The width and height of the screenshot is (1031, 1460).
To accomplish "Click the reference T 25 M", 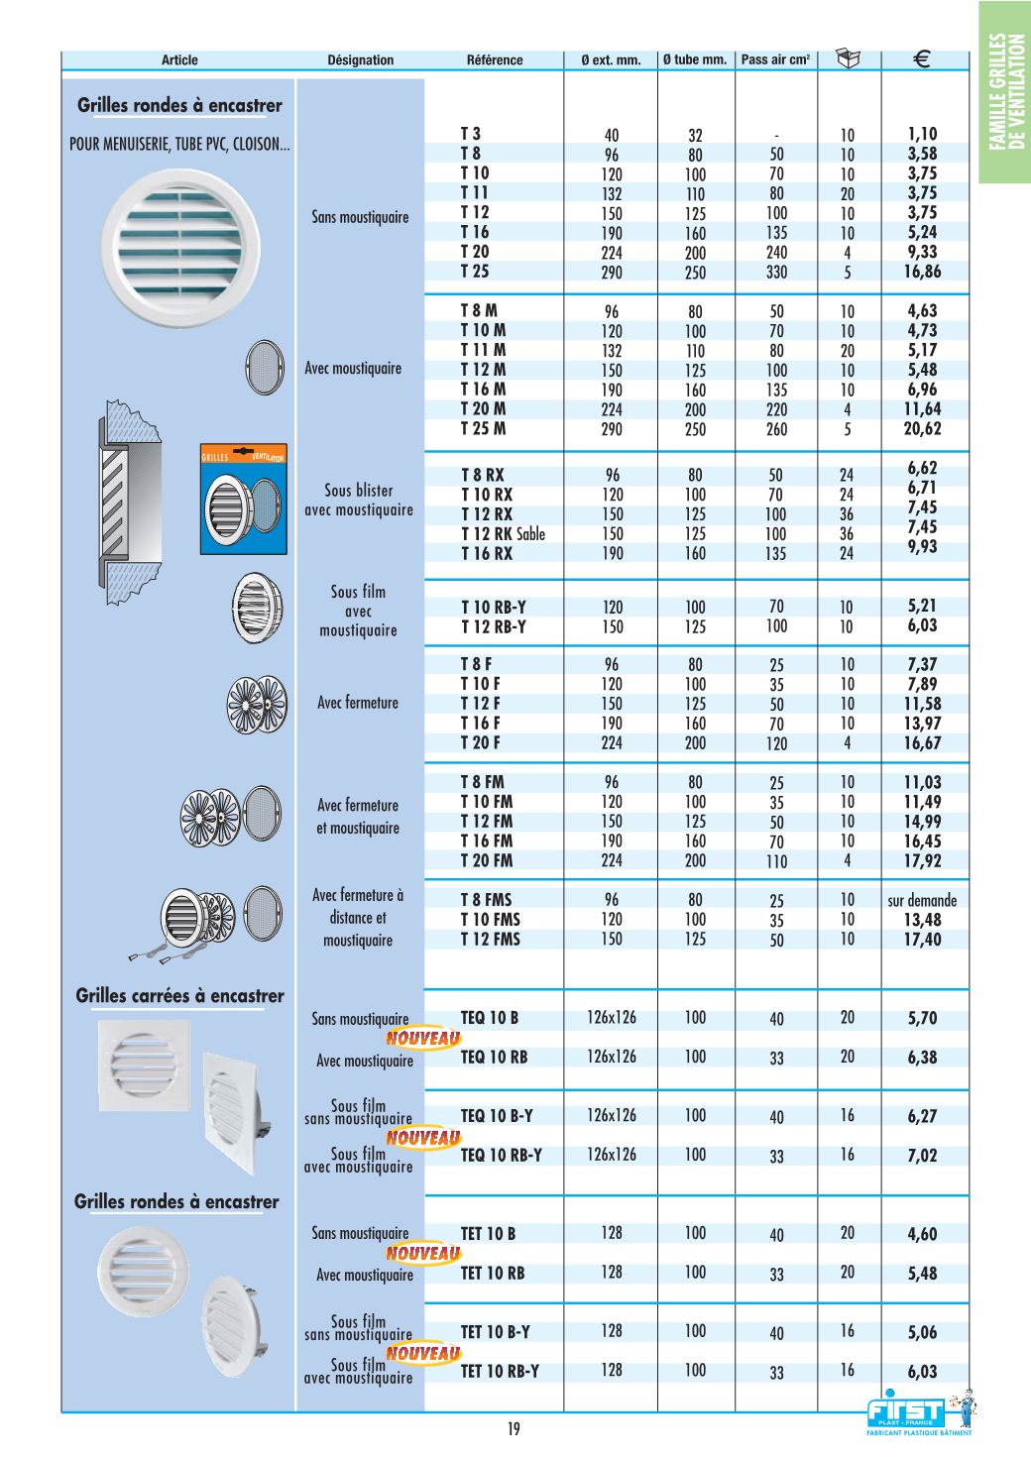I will pyautogui.click(x=483, y=428).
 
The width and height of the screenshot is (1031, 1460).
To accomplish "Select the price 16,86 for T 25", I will pyautogui.click(x=922, y=272).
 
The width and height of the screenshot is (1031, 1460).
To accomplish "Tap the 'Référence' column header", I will pyautogui.click(x=494, y=60).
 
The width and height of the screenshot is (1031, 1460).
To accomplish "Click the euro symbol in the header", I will pyautogui.click(x=920, y=59).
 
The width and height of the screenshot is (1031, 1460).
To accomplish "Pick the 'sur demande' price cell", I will pyautogui.click(x=922, y=901).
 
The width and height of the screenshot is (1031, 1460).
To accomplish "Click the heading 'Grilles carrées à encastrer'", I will pyautogui.click(x=179, y=996).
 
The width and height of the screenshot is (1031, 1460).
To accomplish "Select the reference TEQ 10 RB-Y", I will pyautogui.click(x=502, y=1155).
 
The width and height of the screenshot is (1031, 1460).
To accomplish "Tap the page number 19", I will pyautogui.click(x=514, y=1429).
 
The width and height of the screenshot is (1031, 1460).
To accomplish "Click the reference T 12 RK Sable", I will pyautogui.click(x=503, y=534).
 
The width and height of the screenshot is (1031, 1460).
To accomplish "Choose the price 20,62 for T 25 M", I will pyautogui.click(x=922, y=428).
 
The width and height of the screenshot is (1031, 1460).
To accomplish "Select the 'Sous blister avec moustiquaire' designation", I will pyautogui.click(x=358, y=501).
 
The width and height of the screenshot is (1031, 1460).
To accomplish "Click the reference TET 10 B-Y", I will pyautogui.click(x=497, y=1332).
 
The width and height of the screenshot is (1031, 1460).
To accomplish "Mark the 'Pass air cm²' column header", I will pyautogui.click(x=775, y=60).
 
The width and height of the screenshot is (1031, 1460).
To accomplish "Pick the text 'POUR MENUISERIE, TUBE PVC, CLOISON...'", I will pyautogui.click(x=179, y=145).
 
